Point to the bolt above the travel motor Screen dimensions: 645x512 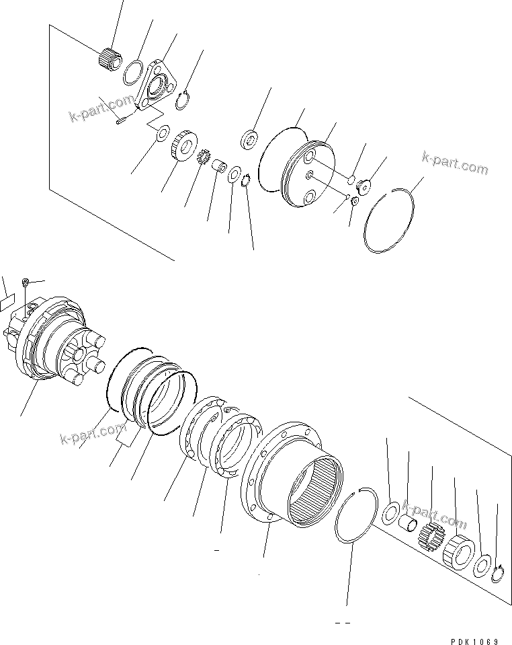(26, 282)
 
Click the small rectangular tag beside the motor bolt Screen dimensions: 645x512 (5, 301)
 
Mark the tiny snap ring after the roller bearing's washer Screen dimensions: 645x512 (497, 574)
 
